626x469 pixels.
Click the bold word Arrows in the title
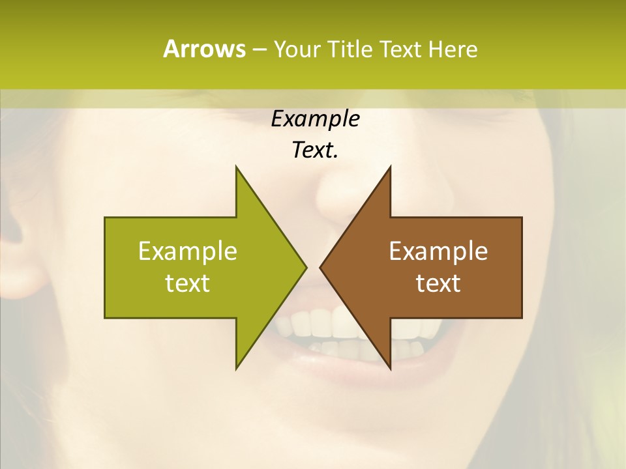click(x=203, y=49)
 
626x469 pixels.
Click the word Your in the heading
click(x=297, y=49)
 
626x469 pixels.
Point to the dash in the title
click(x=259, y=50)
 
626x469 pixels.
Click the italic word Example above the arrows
click(x=315, y=119)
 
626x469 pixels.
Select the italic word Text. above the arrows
click(x=315, y=150)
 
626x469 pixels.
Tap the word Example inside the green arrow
click(x=188, y=251)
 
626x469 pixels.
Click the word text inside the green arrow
click(x=188, y=283)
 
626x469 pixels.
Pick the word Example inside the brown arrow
click(x=438, y=251)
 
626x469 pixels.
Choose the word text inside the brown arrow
click(x=438, y=283)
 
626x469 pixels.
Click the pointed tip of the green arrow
click(x=305, y=267)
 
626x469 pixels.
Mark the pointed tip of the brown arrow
click(x=321, y=267)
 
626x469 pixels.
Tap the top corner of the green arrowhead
click(x=237, y=167)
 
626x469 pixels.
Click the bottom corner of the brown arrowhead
click(x=390, y=368)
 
